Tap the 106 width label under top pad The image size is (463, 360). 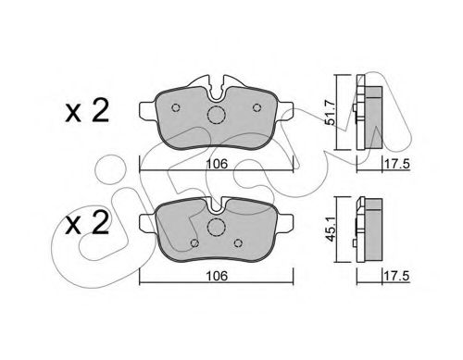tap(217, 164)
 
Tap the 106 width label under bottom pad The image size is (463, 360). tap(217, 276)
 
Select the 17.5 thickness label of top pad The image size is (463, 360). tap(396, 164)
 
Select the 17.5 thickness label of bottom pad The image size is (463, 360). tap(396, 276)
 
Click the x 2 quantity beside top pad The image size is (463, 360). tap(87, 111)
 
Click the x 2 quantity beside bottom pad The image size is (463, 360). tap(87, 224)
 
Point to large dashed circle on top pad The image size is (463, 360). tap(217, 115)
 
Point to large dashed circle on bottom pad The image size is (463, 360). tap(217, 227)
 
